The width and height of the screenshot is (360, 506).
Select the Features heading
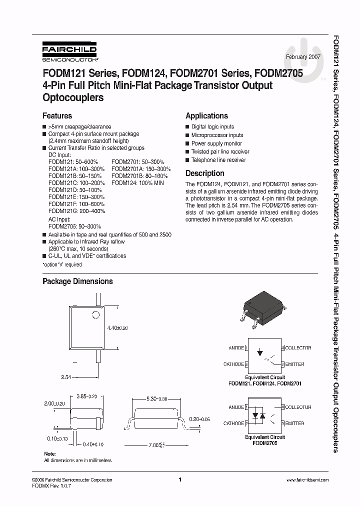pyautogui.click(x=57, y=115)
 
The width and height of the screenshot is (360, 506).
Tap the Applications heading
pyautogui.click(x=206, y=115)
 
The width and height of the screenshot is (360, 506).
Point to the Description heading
pyautogui.click(x=204, y=173)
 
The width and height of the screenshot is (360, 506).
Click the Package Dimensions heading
pyautogui.click(x=77, y=281)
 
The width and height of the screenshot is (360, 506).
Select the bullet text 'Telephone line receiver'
pyautogui.click(x=218, y=160)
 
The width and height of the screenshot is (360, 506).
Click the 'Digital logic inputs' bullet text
pyautogui.click(x=212, y=127)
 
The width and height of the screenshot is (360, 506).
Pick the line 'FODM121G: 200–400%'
pyautogui.click(x=76, y=211)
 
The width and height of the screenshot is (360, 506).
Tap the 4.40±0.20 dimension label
pyautogui.click(x=118, y=328)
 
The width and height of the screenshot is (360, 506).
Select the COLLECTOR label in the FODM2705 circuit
pyautogui.click(x=298, y=407)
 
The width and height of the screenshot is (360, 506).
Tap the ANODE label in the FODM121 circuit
pyautogui.click(x=236, y=348)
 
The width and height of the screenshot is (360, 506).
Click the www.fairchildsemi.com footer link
pyautogui.click(x=307, y=479)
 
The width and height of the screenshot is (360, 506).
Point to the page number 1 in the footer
pyautogui.click(x=179, y=479)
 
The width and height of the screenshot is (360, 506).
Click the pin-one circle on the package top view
pyautogui.click(x=93, y=315)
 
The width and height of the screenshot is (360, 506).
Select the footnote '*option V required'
pyautogui.click(x=62, y=264)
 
